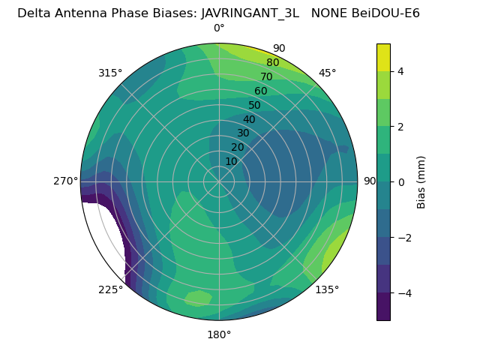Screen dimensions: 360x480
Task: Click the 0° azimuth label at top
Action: tap(219, 28)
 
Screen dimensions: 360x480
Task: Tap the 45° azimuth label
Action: tap(327, 73)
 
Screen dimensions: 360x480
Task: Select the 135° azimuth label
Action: tap(327, 289)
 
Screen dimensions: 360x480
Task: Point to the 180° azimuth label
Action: tap(219, 334)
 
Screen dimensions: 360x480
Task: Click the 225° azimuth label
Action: tap(110, 289)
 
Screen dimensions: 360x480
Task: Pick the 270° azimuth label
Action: tap(65, 181)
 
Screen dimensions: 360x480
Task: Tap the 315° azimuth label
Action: tap(110, 73)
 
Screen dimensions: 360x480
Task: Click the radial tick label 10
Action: tap(231, 161)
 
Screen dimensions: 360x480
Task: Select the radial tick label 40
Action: tap(249, 120)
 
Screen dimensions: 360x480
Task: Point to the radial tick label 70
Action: tap(266, 77)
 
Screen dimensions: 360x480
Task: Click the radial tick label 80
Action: tap(272, 63)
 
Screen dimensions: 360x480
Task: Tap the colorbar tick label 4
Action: tap(401, 71)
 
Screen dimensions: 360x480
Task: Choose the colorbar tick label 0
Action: tap(401, 182)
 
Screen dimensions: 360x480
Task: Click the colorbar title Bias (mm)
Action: tap(421, 181)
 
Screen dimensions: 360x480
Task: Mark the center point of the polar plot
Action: tap(219, 181)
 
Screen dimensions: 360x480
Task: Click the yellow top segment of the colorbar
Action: tap(383, 57)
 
